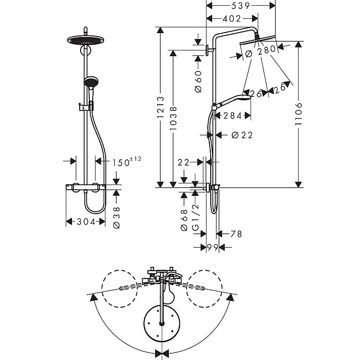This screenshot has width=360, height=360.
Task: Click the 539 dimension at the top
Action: click(240, 6)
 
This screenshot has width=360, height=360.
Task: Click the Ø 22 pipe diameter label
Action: click(241, 135)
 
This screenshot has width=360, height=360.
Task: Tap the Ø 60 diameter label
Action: click(198, 81)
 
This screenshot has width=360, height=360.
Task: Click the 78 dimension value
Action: click(236, 234)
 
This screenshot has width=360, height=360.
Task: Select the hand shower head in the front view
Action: click(90, 83)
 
